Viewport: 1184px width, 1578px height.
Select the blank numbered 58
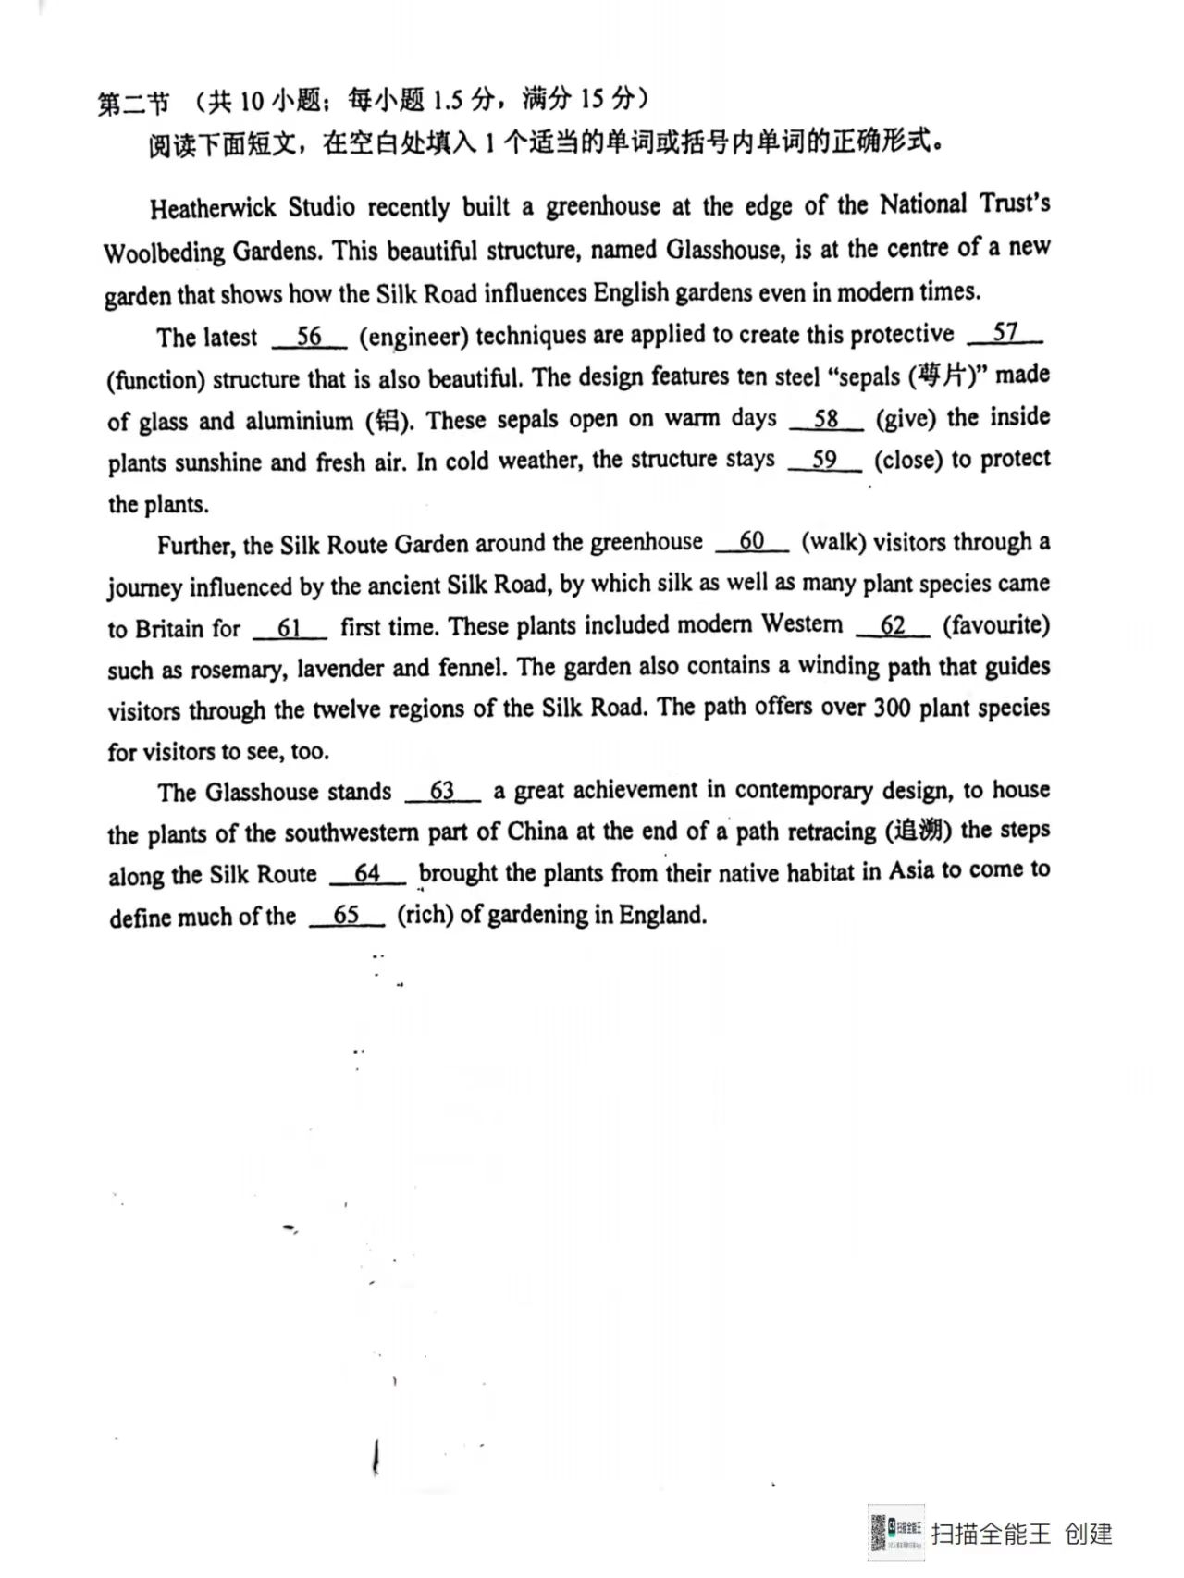(x=826, y=419)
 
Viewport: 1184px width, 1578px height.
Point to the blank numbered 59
(x=824, y=460)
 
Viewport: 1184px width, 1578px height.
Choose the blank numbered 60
(x=752, y=542)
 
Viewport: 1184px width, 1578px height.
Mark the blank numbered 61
(x=290, y=629)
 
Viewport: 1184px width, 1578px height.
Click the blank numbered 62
(x=893, y=626)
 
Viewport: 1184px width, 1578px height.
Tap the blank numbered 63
(x=442, y=792)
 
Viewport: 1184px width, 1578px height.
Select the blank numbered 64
(x=367, y=874)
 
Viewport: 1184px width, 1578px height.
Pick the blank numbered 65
(x=347, y=916)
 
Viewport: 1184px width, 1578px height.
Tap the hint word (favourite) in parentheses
(x=996, y=625)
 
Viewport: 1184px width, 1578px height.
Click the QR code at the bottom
(x=895, y=1533)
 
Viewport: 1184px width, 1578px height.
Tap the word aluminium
(x=299, y=422)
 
